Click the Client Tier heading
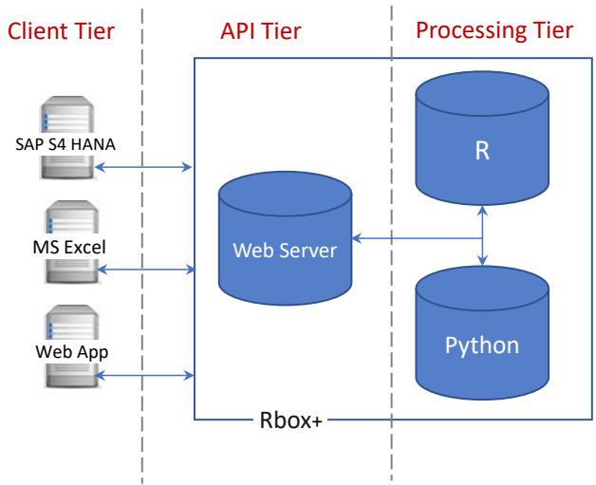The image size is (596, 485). (x=61, y=31)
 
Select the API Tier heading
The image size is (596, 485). (x=260, y=31)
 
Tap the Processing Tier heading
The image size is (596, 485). (x=494, y=31)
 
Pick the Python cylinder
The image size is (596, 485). (x=484, y=332)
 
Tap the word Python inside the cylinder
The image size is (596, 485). (x=484, y=345)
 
